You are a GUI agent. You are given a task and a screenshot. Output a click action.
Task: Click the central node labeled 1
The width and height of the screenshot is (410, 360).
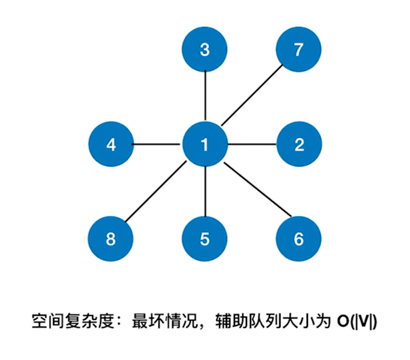[x=205, y=145]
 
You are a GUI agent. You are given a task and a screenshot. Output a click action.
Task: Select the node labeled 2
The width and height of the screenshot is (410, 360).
[x=299, y=145]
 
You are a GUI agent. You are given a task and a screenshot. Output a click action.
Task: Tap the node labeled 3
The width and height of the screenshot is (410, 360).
[x=205, y=50]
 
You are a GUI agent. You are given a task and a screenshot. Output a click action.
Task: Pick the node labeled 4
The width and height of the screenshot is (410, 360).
[x=110, y=145]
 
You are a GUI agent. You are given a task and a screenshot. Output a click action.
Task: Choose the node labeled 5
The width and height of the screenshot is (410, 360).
[x=205, y=239]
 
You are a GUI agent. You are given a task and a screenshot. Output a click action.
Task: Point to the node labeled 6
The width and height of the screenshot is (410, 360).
[x=299, y=239]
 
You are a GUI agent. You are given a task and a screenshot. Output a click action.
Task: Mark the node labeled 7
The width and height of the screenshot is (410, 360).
[x=299, y=50]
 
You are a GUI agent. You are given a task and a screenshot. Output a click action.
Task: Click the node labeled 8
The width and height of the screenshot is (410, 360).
[x=110, y=239]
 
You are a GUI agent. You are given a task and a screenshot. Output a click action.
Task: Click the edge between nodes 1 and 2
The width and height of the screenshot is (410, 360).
[x=252, y=145]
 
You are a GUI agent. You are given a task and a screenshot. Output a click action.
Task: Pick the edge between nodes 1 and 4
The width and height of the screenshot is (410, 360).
[x=157, y=145]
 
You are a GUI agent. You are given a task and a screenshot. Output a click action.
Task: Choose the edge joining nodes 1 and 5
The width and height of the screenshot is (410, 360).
[x=205, y=192]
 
